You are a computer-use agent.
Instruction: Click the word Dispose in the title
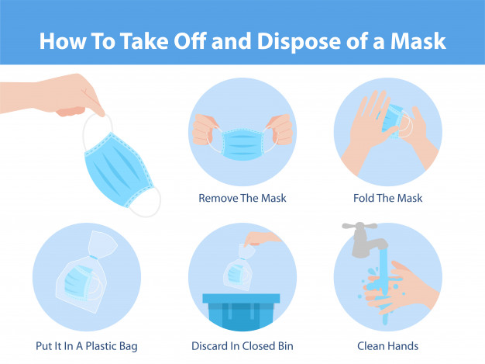pos(298,42)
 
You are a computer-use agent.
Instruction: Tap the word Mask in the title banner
pos(418,41)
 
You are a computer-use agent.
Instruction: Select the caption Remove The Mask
pos(242,198)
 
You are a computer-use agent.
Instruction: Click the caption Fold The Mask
pos(387,198)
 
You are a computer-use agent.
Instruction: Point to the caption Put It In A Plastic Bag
pos(87,346)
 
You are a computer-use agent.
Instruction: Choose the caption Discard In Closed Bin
pos(242,345)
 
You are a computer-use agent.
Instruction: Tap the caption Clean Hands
pos(387,345)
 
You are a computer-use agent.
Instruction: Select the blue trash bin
pos(241,311)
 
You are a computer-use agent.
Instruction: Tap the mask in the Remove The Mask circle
pos(242,144)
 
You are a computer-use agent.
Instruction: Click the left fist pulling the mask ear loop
pos(203,130)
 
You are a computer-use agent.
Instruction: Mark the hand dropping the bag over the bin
pos(261,238)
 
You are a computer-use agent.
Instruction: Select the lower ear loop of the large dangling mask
pos(146,202)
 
